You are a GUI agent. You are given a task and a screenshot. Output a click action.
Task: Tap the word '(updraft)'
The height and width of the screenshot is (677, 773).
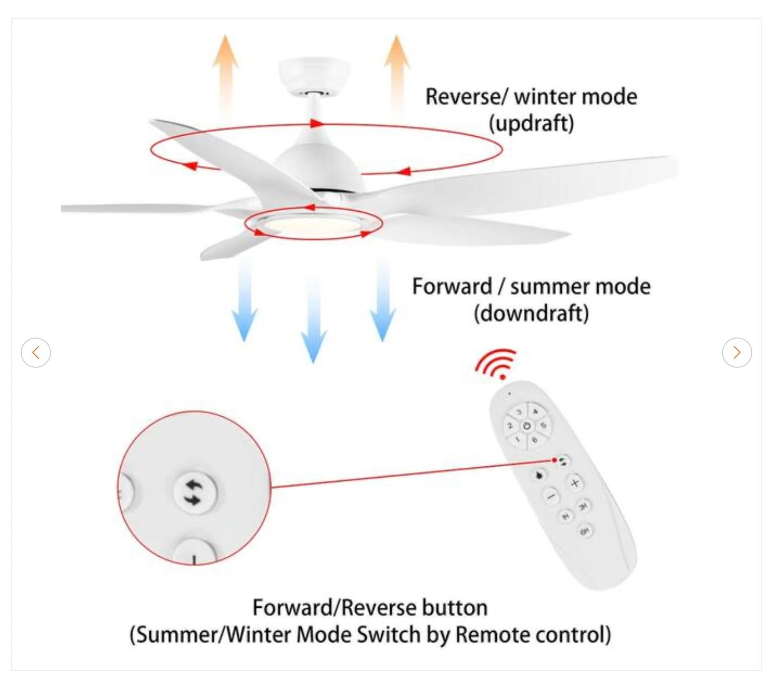click(531, 124)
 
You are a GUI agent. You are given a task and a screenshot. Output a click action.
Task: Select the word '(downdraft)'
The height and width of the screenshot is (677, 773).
click(531, 314)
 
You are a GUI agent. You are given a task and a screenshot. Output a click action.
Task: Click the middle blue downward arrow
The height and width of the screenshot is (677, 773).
click(313, 321)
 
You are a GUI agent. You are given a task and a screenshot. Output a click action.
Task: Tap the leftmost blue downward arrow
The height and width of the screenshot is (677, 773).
click(245, 306)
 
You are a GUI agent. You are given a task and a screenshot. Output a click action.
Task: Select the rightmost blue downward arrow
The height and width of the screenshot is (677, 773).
click(382, 306)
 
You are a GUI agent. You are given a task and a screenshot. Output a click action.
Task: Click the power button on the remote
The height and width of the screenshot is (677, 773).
click(526, 426)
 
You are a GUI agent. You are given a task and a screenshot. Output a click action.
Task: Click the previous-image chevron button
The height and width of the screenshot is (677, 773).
click(36, 352)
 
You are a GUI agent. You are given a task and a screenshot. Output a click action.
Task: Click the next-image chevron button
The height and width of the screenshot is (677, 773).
click(737, 352)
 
